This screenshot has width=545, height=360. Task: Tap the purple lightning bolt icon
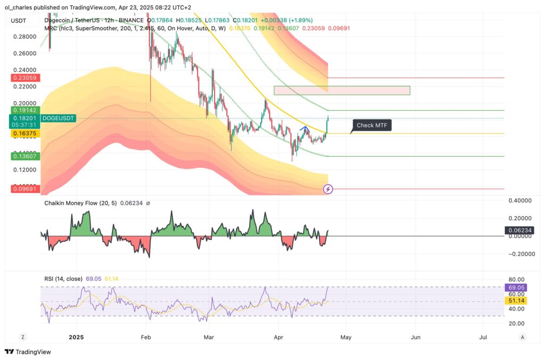click(x=328, y=189)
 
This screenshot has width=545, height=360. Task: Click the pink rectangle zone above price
click(x=342, y=91)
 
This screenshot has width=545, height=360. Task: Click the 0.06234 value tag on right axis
click(x=518, y=231)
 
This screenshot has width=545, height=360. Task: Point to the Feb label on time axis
click(x=146, y=337)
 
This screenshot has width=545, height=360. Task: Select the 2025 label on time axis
click(x=76, y=337)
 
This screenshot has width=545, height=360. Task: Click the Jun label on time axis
click(x=416, y=337)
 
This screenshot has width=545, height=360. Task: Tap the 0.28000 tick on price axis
click(x=25, y=37)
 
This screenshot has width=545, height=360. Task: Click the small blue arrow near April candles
click(x=304, y=128)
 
